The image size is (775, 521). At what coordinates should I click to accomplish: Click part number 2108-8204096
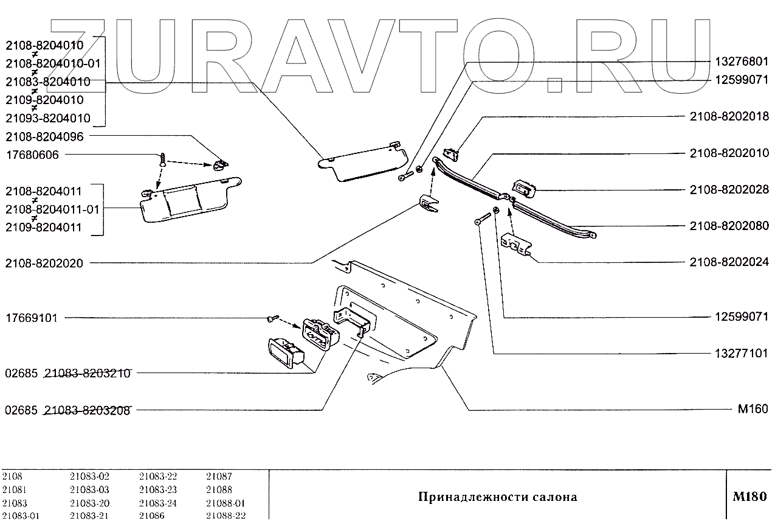pos(44,136)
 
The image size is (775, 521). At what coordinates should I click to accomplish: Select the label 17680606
pos(32,155)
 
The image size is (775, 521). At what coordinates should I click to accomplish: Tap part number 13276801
pos(740,61)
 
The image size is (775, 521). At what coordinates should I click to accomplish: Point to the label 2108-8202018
pos(729,116)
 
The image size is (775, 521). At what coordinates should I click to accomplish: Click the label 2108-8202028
pos(729,190)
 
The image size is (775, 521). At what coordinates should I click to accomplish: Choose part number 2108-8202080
pos(729,226)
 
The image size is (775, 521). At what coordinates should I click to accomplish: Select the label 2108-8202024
pos(729,262)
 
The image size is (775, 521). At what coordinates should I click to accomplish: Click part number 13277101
pos(740,354)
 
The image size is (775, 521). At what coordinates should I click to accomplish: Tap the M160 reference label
pos(753,409)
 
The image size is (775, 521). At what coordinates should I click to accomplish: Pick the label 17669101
pos(32,318)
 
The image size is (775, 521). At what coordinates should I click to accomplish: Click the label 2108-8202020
pos(44,264)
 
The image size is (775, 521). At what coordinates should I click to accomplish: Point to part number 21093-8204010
pos(47,118)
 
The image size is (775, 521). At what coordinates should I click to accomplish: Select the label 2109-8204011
pos(44,228)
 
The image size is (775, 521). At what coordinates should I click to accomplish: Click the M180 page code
pos(749,497)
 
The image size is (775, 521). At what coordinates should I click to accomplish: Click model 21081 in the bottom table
pos(14,490)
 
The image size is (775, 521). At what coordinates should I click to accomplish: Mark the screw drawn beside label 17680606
pos(163,160)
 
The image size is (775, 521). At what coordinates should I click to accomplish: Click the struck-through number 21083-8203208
pos(88,410)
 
